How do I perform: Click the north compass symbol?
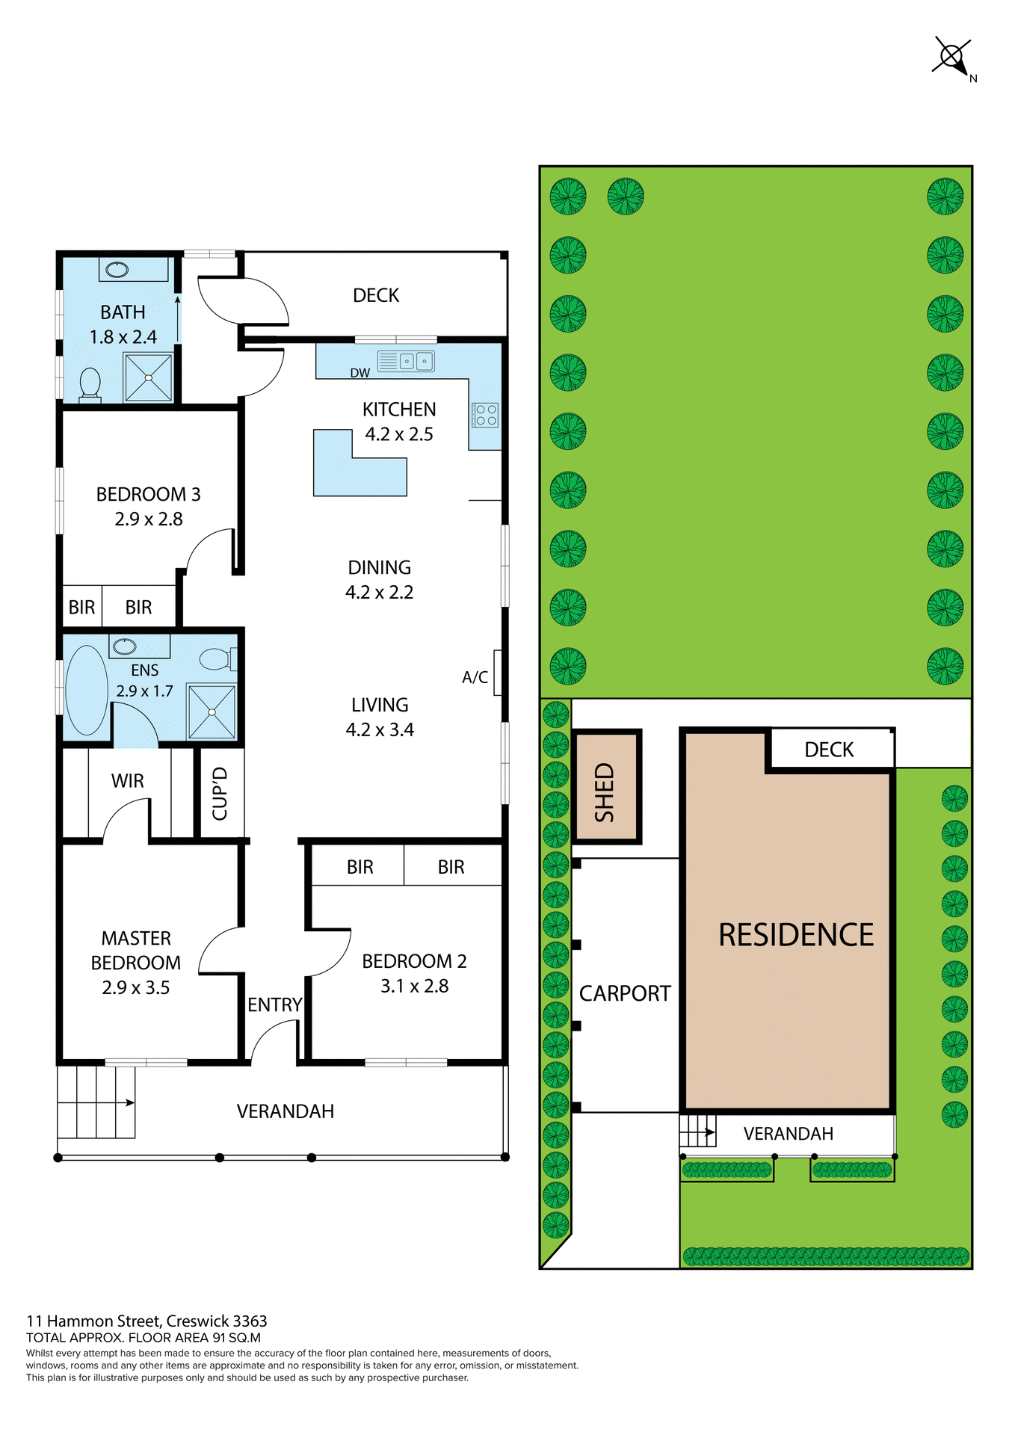coord(951,56)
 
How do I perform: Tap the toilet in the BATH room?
coord(90,384)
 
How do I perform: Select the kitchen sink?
coord(406,361)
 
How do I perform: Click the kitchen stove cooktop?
coord(485,415)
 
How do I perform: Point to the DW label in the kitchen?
coord(360,373)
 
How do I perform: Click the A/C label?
coord(475,677)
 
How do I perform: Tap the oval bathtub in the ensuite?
coord(87,690)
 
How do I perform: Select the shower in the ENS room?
coord(212,712)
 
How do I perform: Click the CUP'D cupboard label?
coord(220,793)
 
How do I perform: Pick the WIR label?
coord(127,781)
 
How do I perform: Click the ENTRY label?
coord(274,1004)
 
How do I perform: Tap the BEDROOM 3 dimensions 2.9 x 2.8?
coord(148,519)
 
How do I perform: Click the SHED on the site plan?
coord(605,786)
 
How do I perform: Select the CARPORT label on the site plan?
coord(625,993)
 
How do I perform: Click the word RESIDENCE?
coord(795,935)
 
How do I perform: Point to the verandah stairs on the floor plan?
coord(96,1102)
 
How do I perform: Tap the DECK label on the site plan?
coord(829,750)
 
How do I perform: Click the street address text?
coord(146,1321)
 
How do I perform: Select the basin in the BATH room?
coord(117,269)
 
